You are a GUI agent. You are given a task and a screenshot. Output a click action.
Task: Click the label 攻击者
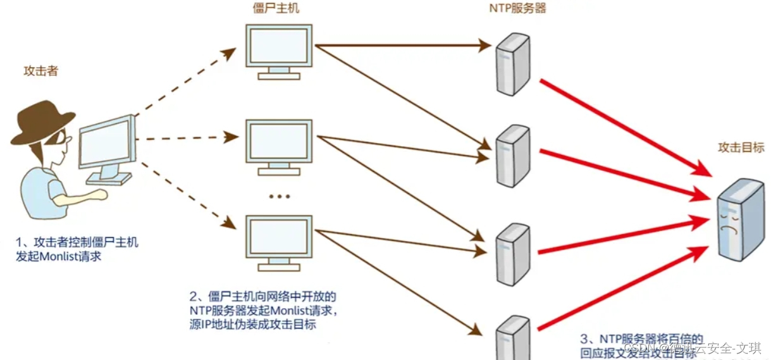[40, 71]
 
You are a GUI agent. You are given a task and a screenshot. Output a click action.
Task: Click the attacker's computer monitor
[106, 144]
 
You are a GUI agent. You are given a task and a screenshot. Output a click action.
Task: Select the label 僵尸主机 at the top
[276, 9]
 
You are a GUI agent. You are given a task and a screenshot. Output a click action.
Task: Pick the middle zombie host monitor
[278, 142]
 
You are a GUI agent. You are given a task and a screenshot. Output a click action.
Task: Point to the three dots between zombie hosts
[279, 197]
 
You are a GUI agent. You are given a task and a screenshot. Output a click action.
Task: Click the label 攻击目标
[741, 147]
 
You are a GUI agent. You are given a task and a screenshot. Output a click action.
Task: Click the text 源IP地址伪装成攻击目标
[253, 325]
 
